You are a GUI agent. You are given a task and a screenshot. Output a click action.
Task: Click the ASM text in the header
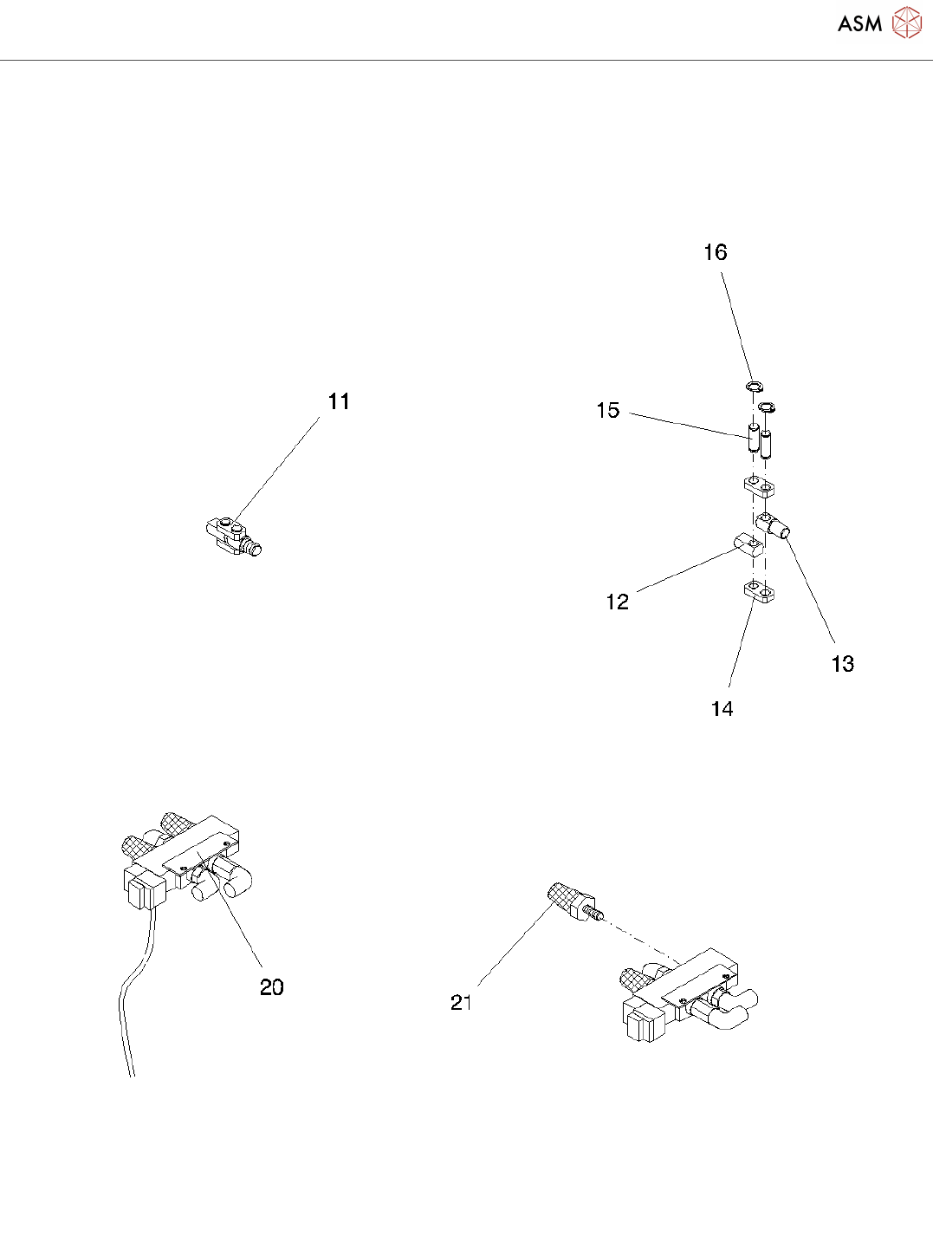(859, 24)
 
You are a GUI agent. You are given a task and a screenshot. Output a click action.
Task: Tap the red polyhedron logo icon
(907, 23)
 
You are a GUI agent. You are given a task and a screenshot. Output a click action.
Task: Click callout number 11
(339, 402)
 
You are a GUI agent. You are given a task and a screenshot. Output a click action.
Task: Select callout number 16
(715, 252)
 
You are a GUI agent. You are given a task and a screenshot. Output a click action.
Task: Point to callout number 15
(608, 411)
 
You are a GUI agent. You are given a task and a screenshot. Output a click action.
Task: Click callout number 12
(617, 602)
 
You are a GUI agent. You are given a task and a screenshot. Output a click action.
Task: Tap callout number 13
(842, 664)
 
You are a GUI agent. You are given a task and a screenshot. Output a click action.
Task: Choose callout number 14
(722, 709)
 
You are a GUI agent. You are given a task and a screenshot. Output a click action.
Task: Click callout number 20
(272, 987)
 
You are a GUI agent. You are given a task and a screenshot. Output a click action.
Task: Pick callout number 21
(461, 1003)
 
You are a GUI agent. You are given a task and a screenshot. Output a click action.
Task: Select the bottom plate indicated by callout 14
(758, 592)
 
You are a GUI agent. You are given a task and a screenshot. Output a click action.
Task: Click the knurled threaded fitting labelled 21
(572, 904)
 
